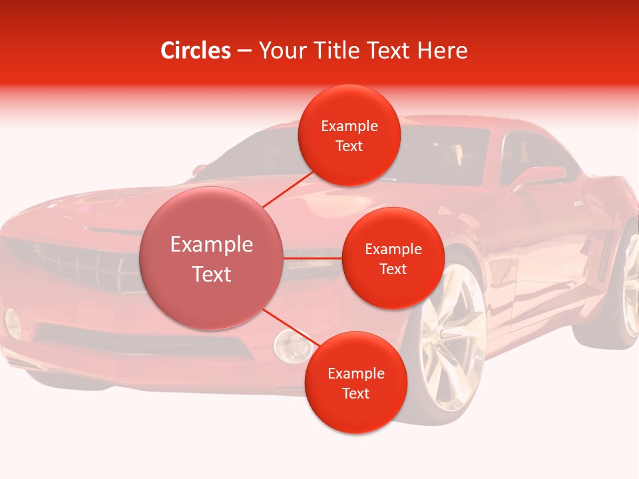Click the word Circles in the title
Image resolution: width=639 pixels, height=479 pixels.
196,51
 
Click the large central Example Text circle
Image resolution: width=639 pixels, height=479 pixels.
212,259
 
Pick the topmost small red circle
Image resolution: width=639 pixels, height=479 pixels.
349,136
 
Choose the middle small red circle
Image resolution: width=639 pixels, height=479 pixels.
393,258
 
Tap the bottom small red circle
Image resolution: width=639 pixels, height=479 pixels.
355,383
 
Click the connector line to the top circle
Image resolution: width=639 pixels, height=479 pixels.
289,189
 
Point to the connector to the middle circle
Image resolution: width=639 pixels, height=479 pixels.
313,258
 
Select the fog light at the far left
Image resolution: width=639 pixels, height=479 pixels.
13,322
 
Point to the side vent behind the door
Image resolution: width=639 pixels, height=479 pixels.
603,253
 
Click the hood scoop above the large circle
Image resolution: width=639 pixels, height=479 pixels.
113,230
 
